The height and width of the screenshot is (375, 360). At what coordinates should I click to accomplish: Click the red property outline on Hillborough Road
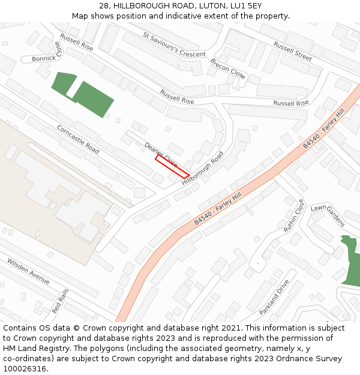[x=172, y=166]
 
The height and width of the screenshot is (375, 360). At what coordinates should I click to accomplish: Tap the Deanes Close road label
[x=161, y=154]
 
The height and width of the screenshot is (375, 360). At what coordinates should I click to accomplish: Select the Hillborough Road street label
[x=202, y=167]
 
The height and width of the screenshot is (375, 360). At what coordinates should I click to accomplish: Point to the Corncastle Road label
[x=78, y=139]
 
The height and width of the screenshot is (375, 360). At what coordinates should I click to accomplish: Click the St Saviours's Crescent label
[x=174, y=45]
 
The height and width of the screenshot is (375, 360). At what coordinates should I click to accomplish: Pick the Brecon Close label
[x=227, y=68]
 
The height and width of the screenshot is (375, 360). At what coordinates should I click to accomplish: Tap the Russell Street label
[x=293, y=52]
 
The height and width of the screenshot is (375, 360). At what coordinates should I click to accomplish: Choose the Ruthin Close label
[x=294, y=217]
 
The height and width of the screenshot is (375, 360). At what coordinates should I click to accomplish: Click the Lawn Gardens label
[x=328, y=215]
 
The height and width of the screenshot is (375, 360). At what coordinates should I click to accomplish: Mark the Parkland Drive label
[x=274, y=298]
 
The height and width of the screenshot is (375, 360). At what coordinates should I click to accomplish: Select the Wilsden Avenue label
[x=28, y=271]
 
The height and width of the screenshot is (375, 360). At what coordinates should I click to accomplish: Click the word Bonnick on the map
[x=44, y=59]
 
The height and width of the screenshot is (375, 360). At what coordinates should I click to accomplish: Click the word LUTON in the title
[x=207, y=5]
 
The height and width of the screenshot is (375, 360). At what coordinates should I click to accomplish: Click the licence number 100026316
[x=25, y=369]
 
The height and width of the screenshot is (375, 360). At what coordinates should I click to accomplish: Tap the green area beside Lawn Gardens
[x=350, y=261]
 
